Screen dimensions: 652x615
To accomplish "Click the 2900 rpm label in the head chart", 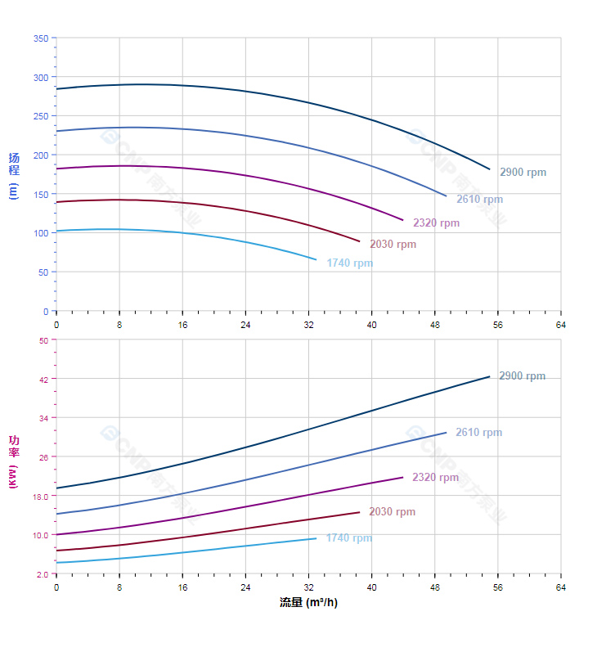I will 523,173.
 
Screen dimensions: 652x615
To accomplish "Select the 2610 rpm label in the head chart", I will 479,200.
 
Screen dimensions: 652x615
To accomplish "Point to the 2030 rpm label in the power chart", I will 392,512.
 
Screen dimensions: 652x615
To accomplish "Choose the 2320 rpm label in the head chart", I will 436,223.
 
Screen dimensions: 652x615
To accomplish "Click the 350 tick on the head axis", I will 40,38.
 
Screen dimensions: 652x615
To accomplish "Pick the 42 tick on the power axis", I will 43,379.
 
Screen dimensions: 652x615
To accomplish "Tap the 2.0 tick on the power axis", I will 42,573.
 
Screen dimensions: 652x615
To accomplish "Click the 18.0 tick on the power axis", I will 40,496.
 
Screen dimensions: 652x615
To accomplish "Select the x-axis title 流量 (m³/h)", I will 308,603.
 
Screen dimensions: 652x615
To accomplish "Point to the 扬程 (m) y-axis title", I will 13,175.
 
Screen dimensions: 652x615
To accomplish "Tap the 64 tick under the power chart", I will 560,587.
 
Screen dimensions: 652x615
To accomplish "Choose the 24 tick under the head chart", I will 245,325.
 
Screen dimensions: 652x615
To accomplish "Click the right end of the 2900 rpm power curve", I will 489,376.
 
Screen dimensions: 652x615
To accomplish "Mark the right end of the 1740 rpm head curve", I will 316,259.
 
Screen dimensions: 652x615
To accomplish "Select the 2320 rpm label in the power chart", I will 435,478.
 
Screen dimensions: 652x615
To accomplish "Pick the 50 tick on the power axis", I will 43,340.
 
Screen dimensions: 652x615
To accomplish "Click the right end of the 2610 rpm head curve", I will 447,196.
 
